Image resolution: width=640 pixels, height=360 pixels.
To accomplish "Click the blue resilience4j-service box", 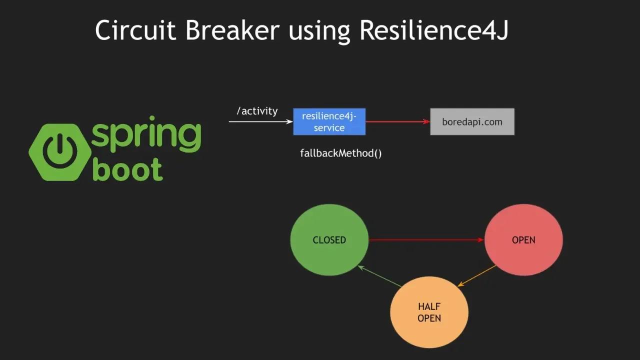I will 329,121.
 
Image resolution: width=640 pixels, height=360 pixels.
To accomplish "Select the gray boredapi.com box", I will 472,121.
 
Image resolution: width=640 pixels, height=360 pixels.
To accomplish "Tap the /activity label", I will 257,111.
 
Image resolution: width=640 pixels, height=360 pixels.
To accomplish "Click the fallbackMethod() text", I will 340,153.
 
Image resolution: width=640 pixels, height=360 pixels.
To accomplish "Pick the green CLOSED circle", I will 329,240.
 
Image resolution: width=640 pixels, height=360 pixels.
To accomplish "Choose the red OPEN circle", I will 523,240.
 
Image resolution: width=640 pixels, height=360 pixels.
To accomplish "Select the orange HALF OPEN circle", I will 429,312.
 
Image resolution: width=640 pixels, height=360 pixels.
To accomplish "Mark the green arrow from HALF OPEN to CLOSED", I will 380,276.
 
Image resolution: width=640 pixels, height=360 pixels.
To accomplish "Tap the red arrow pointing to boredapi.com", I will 397,121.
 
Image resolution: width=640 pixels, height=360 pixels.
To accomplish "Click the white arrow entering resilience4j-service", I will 260,121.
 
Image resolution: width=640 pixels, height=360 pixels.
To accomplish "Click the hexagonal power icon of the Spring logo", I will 60,152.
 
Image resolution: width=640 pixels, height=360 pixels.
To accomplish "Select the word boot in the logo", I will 127,170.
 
